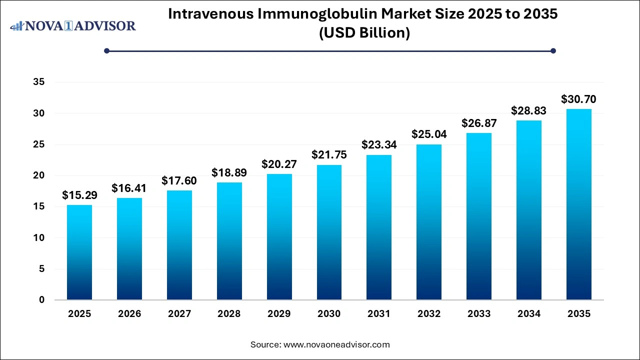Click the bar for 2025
tap(79, 252)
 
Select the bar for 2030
tap(329, 232)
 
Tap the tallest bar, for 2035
tap(579, 204)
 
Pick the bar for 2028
tap(229, 241)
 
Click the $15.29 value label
tap(79, 195)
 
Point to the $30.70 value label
tap(579, 99)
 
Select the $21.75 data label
tap(329, 155)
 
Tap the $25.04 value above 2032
tap(429, 134)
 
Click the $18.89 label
tap(229, 172)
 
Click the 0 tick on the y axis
tap(41, 300)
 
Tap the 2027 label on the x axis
tap(179, 314)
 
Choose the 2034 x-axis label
tap(529, 314)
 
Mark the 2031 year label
tap(379, 314)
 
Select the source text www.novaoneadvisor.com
tap(336, 344)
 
